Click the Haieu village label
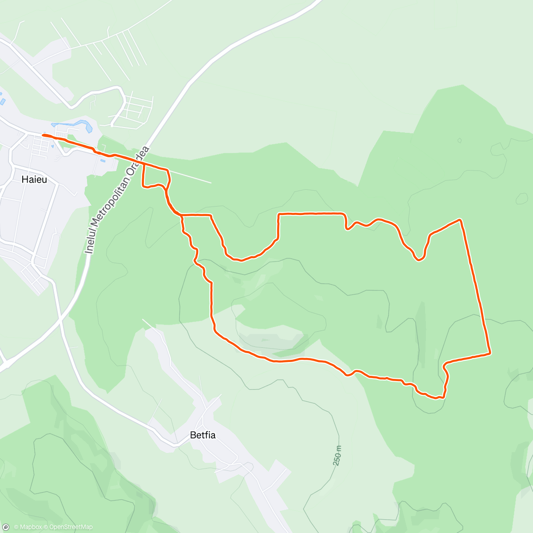(34, 180)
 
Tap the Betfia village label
(203, 435)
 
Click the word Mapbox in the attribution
(31, 527)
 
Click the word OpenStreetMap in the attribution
(71, 527)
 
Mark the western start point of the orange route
(44, 135)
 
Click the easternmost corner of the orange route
(490, 353)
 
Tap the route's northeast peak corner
(460, 220)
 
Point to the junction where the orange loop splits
(182, 215)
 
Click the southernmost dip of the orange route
(438, 398)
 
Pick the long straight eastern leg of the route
(476, 289)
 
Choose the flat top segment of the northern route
(311, 214)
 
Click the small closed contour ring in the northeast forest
(459, 141)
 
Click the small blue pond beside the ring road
(103, 160)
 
